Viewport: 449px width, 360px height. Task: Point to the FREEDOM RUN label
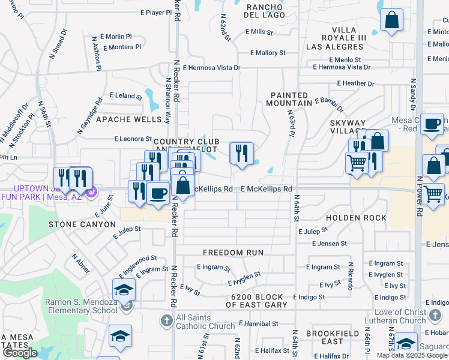click(233, 253)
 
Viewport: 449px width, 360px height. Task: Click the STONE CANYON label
click(82, 224)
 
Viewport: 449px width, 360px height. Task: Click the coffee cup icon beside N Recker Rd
click(158, 193)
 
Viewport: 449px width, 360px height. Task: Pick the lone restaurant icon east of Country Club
click(241, 154)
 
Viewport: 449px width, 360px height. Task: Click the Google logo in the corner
click(20, 353)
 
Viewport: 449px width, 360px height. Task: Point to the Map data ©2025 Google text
click(412, 355)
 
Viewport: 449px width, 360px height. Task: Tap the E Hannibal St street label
click(259, 323)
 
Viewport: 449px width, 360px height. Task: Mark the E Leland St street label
click(126, 95)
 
